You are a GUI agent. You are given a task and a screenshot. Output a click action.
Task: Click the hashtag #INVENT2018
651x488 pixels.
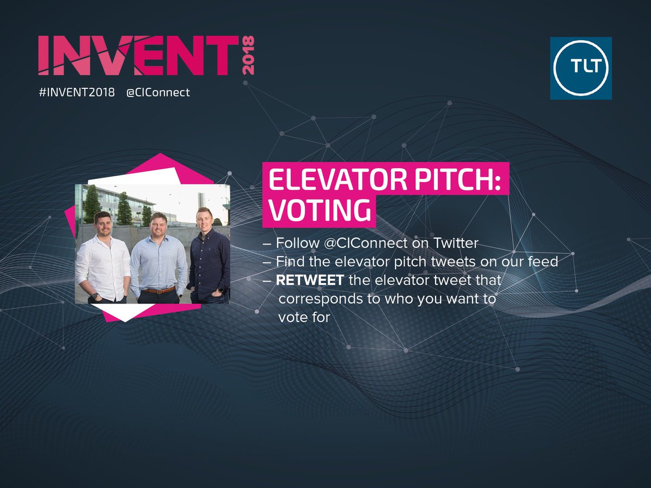point(76,92)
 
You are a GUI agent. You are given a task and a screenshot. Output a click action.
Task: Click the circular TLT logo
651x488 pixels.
point(580,68)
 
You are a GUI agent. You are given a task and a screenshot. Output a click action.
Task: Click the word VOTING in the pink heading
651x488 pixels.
point(318,211)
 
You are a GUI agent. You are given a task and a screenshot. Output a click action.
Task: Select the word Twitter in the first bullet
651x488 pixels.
point(457,243)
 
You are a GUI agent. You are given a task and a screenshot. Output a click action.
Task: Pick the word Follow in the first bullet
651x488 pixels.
point(298,243)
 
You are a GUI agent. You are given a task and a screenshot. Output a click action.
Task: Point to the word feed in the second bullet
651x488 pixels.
point(544,262)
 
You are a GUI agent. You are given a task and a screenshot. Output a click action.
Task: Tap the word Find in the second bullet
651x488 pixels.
point(289,262)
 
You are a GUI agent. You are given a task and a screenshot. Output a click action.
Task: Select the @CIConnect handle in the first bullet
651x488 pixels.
point(367,243)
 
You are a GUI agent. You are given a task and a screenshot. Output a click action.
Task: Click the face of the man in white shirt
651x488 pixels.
point(103,223)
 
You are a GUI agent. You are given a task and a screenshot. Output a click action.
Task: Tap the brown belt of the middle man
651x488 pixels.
point(158,290)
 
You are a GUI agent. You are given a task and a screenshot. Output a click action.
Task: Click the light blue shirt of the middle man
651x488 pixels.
point(158,263)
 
